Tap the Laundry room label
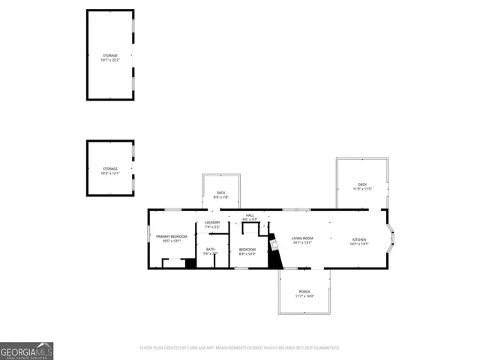(212, 222)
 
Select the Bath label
(210, 250)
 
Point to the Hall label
(250, 215)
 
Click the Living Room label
(302, 238)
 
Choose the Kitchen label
(360, 238)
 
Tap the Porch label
(304, 291)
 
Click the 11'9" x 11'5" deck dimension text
(362, 189)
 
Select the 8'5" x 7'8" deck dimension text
(221, 197)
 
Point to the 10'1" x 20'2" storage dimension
(110, 61)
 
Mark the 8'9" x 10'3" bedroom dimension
(247, 254)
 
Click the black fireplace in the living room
(275, 258)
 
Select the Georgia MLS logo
(26, 351)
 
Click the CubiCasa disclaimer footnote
(240, 347)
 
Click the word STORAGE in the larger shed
(110, 55)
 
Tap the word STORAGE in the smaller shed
(110, 169)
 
